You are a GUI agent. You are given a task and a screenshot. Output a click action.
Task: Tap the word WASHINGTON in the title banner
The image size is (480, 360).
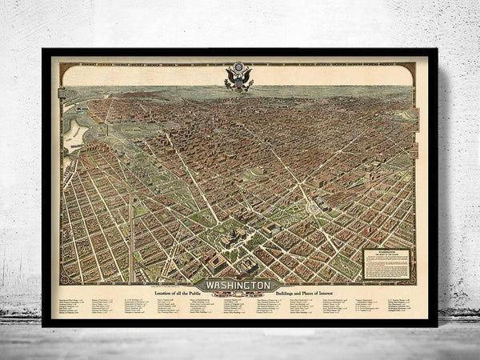[239, 285]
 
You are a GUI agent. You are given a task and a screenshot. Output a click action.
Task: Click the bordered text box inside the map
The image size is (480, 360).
[387, 263]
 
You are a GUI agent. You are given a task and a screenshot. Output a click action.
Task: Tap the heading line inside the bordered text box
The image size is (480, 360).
[387, 250]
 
